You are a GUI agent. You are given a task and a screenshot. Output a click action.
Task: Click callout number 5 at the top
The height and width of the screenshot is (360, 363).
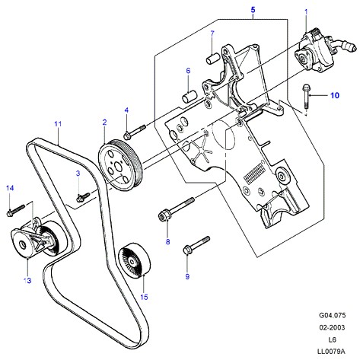[x=253, y=10]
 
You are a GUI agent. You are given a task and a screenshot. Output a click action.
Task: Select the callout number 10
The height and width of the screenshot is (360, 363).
[x=335, y=95]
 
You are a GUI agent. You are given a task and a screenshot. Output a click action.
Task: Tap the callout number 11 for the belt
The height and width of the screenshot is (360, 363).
[x=58, y=124]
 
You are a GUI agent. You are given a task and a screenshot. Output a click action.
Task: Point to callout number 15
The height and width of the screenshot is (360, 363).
[x=144, y=297]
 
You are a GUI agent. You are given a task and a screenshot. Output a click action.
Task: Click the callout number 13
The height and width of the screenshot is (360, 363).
[x=27, y=280]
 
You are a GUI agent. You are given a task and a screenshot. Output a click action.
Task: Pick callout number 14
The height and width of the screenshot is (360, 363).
[x=10, y=188]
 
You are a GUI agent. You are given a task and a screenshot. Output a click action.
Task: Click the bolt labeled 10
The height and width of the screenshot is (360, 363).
[x=305, y=97]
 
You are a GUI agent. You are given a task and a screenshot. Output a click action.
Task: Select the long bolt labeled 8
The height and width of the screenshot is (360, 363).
[x=177, y=209]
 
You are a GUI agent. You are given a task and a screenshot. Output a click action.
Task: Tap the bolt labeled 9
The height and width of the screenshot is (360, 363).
[x=196, y=245]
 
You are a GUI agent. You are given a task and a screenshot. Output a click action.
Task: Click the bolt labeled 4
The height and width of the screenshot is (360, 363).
[x=135, y=132]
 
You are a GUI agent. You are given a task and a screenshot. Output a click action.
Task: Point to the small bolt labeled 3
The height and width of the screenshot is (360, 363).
[x=83, y=197]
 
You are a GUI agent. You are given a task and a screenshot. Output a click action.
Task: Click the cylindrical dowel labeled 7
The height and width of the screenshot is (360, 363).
[x=212, y=58]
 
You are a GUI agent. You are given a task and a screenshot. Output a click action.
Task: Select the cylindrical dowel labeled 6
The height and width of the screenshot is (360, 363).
[x=189, y=97]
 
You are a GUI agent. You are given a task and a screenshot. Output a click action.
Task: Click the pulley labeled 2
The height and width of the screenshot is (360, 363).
[x=120, y=165]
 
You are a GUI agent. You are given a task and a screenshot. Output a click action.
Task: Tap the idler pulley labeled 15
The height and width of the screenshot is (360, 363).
[x=135, y=261]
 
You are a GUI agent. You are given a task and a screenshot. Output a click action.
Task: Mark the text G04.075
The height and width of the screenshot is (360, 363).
[x=332, y=315]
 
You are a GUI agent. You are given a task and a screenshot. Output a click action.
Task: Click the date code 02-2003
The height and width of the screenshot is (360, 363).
[x=332, y=327]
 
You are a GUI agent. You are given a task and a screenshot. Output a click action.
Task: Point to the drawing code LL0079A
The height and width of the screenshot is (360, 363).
[x=331, y=352]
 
